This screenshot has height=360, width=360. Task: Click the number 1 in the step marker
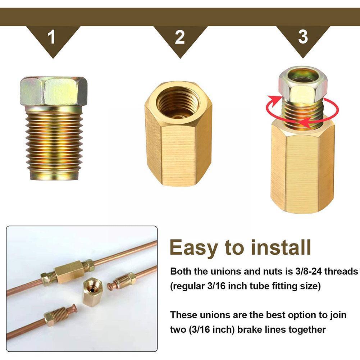(x=53, y=37)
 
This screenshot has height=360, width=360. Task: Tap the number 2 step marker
(x=179, y=37)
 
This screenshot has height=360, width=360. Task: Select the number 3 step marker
(x=303, y=37)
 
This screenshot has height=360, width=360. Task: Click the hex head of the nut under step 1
(x=54, y=91)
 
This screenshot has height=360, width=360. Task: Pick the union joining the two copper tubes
(x=69, y=270)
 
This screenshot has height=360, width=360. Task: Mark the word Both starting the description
(x=181, y=271)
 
